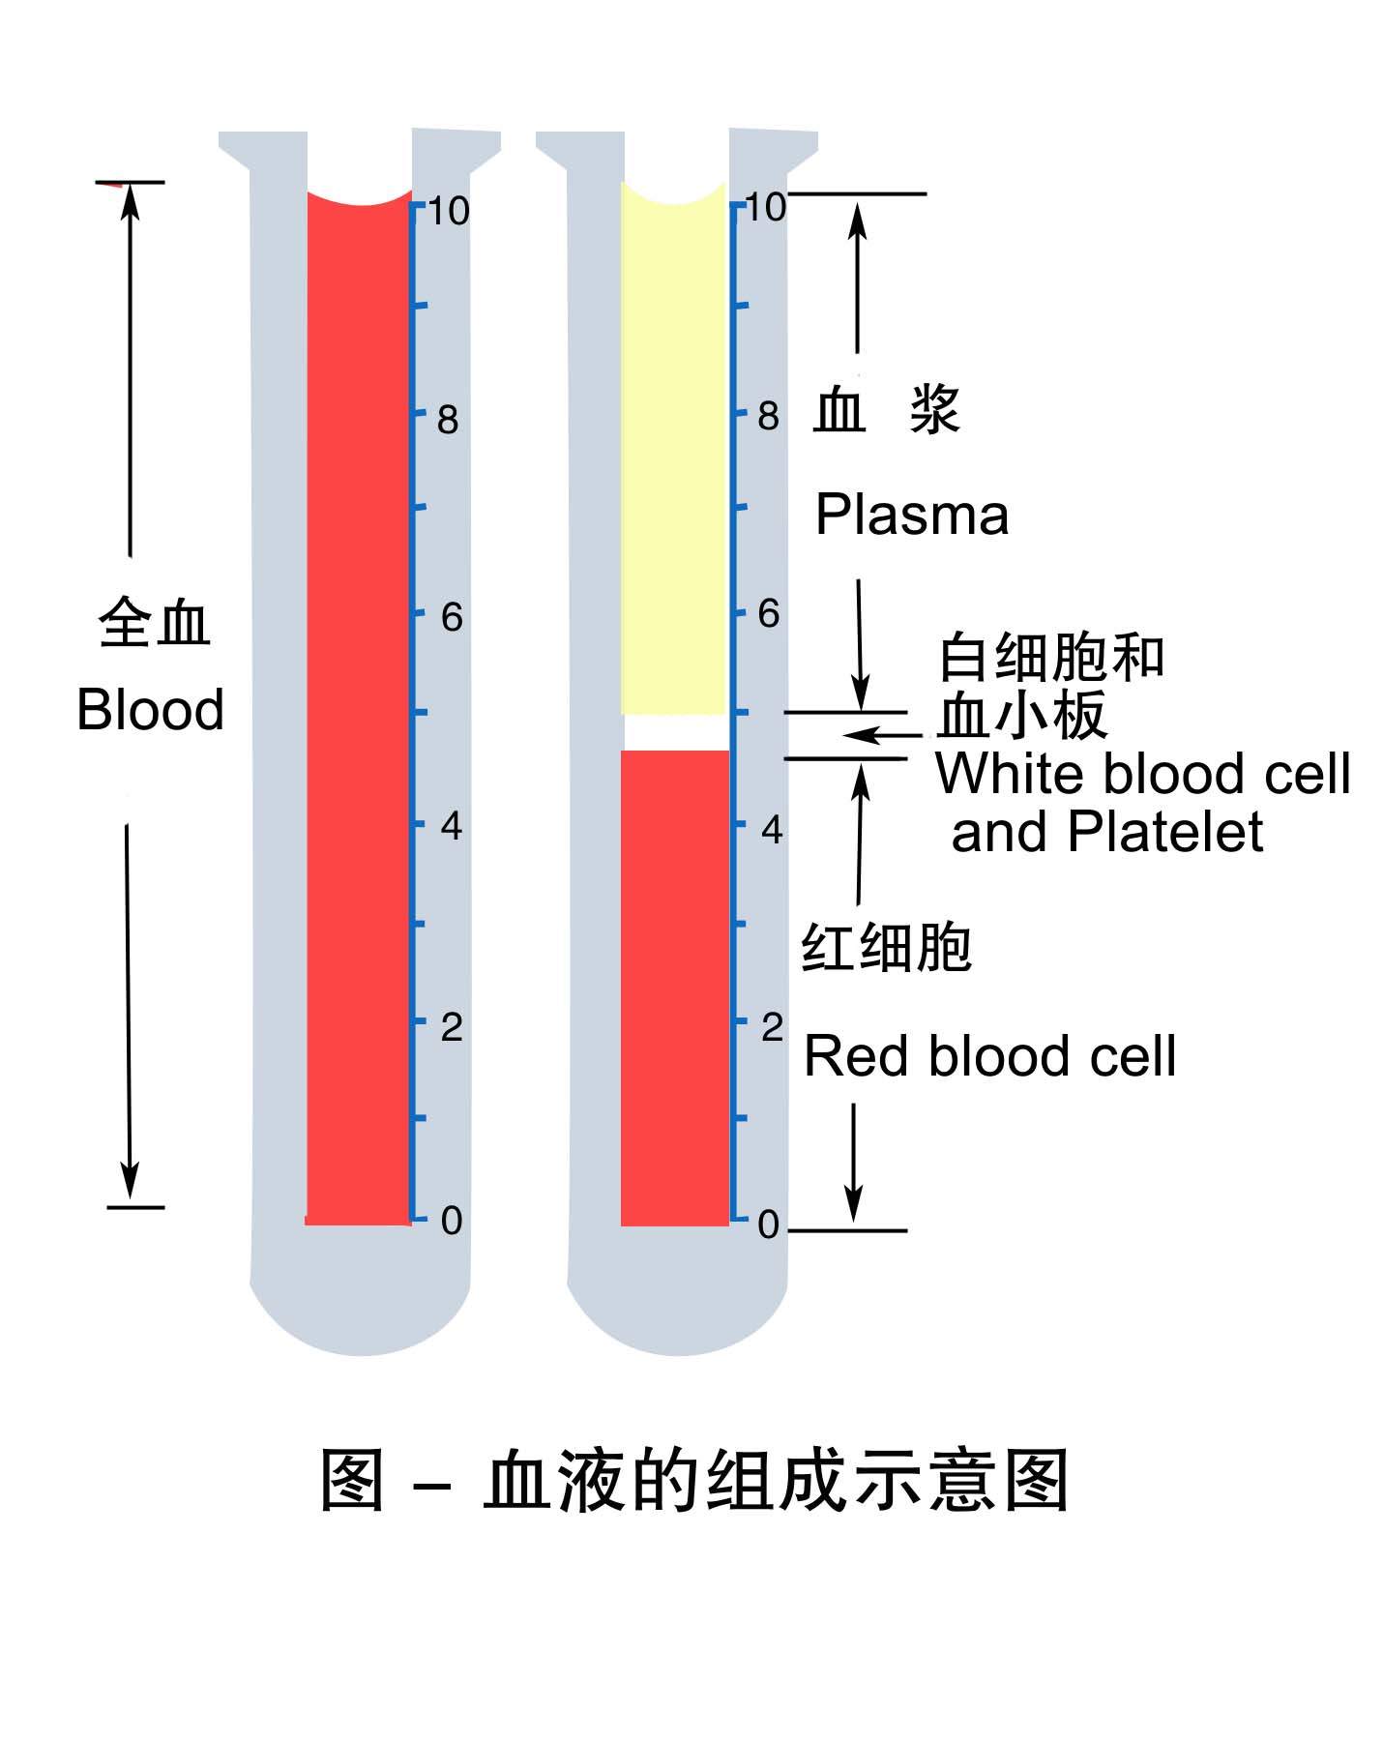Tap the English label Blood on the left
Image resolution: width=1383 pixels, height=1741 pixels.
coord(150,710)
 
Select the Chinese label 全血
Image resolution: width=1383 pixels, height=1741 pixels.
coord(154,623)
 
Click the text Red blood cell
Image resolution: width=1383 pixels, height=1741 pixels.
coord(989,1055)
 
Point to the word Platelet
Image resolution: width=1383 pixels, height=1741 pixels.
coord(1164,832)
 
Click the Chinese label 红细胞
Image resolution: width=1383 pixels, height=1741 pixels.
coord(886,947)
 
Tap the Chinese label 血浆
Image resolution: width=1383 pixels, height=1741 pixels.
coord(885,410)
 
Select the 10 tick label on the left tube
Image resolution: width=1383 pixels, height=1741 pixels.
coord(448,211)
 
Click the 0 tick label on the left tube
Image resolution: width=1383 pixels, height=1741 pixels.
coord(451,1221)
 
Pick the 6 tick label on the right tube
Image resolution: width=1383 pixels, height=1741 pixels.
coord(769,613)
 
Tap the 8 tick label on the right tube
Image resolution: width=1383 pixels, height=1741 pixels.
coord(769,417)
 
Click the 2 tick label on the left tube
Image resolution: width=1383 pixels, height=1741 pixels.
coord(451,1027)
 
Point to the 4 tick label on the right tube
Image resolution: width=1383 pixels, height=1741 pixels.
coord(771,829)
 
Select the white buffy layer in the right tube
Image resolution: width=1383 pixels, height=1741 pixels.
coord(674,732)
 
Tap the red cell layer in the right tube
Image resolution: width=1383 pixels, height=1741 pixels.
coord(674,987)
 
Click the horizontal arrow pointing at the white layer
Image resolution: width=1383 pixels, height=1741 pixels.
coord(880,735)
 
